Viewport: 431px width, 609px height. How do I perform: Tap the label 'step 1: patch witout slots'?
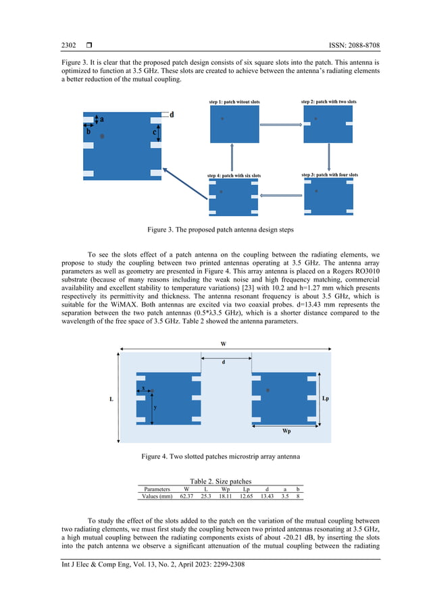[x=234, y=101]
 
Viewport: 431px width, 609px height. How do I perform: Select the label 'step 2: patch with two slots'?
[x=328, y=101]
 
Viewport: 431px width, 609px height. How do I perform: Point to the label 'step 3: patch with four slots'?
[x=330, y=175]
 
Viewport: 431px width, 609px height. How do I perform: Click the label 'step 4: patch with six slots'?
[x=234, y=176]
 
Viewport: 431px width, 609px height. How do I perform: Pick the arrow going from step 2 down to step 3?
[x=328, y=157]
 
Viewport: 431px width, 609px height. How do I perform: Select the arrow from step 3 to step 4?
[x=282, y=196]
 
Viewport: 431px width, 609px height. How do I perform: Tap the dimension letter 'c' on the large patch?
[x=154, y=133]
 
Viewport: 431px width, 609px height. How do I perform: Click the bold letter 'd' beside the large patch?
[x=172, y=115]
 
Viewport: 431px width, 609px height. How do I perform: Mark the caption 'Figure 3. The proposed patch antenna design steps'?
[x=215, y=230]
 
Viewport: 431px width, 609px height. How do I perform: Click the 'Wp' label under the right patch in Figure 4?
[x=286, y=429]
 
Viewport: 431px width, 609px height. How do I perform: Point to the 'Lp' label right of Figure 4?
[x=326, y=398]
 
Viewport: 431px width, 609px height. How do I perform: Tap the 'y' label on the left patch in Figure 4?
[x=155, y=407]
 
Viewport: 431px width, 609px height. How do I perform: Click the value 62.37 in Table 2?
[x=186, y=496]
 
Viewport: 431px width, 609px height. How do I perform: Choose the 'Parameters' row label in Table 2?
[x=157, y=489]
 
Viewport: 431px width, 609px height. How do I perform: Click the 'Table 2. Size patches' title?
[x=215, y=481]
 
